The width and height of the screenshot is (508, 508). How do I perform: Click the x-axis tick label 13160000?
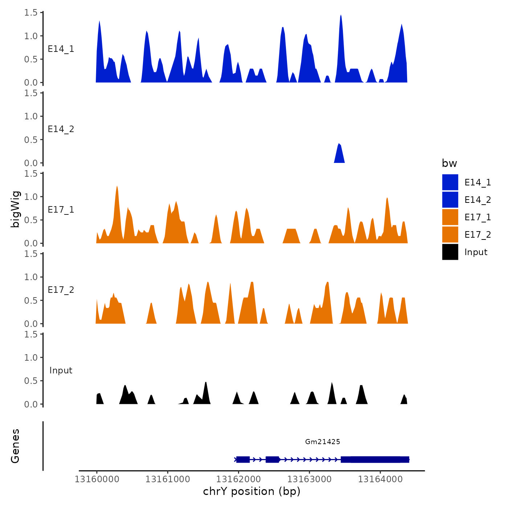point(97,479)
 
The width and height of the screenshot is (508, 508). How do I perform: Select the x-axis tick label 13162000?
point(238,479)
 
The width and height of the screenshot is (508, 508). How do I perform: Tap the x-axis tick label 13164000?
point(380,479)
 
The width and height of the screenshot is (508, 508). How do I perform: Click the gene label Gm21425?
point(323,442)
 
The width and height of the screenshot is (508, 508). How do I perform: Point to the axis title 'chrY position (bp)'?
point(252,491)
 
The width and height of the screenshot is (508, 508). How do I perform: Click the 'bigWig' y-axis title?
point(15,209)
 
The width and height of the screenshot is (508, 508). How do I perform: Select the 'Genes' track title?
point(15,446)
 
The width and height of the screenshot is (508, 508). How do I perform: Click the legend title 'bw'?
point(449,163)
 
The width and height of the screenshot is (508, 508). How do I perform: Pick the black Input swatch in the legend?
point(450,252)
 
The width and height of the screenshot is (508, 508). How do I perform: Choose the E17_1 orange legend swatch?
point(450,217)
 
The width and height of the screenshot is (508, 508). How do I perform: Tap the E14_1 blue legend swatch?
point(450,182)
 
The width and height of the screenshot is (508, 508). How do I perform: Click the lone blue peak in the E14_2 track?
point(339,154)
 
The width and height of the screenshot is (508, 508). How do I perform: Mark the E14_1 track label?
point(61,49)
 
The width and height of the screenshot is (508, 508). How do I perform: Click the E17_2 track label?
point(61,290)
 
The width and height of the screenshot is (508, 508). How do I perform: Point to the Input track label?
point(61,370)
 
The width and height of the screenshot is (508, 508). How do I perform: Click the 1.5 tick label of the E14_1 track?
point(31,13)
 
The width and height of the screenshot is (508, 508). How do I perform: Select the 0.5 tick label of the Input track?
point(31,381)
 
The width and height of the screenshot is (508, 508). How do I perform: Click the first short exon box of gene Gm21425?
point(243,459)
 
